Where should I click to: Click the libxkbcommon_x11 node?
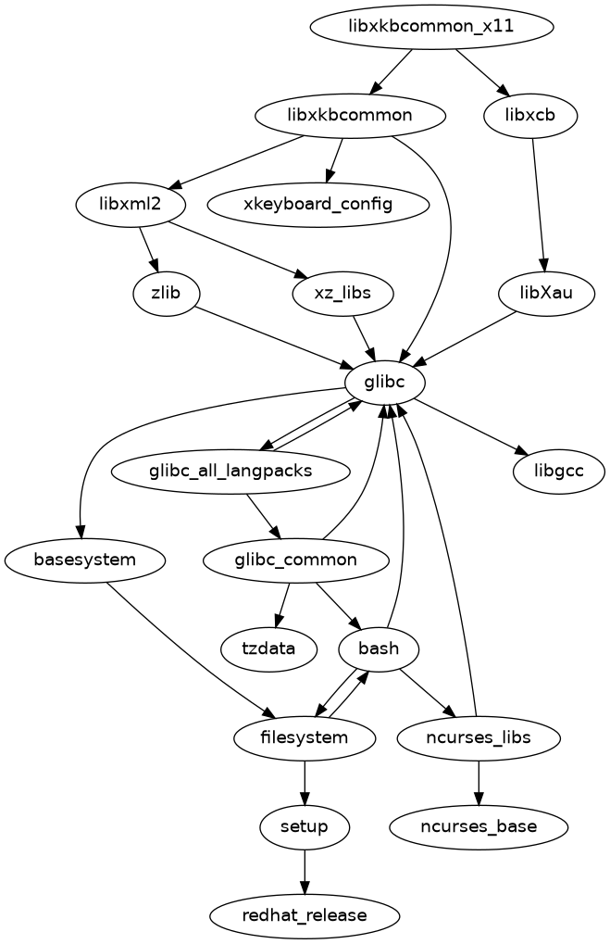[431, 27]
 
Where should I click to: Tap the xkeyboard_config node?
[318, 204]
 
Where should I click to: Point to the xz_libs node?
[343, 293]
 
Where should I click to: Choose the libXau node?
[546, 293]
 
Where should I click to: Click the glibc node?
[385, 382]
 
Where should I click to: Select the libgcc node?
[558, 471]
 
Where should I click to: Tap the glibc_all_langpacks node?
[230, 471]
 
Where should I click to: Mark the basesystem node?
[84, 560]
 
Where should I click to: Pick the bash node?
[379, 648]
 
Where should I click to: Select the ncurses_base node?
[479, 826]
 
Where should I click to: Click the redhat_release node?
[305, 915]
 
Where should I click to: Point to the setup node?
[305, 826]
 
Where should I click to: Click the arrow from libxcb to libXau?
[539, 204]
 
